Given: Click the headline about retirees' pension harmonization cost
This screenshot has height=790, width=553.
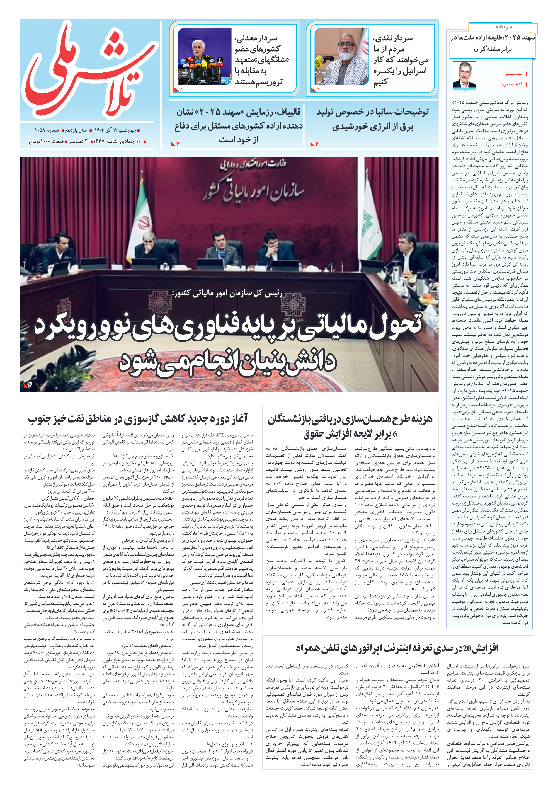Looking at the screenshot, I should [350, 426].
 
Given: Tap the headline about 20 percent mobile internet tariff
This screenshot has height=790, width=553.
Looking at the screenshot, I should [397, 648].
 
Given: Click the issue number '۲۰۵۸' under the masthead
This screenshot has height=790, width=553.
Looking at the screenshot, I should [41, 130].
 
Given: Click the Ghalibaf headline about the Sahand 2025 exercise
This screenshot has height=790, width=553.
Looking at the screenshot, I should [239, 126].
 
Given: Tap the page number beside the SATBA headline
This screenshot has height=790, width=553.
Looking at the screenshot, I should [317, 144].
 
